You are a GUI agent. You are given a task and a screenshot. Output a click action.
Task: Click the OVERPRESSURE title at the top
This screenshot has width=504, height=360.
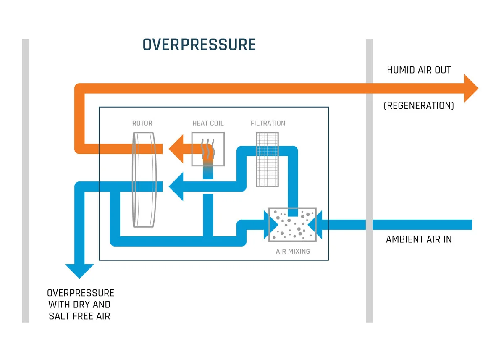[199, 45]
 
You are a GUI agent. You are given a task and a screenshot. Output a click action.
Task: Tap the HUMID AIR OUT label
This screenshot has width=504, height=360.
[419, 70]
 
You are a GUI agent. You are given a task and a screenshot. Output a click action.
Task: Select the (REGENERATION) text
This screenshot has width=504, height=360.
[419, 106]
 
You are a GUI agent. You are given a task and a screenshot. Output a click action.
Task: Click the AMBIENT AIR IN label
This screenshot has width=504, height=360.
[419, 240]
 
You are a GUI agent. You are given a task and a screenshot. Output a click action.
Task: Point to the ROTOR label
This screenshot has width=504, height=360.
[142, 123]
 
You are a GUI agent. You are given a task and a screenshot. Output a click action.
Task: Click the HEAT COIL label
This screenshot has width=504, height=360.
[208, 123]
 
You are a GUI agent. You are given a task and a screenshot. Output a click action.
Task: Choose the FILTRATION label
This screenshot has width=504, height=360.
[268, 123]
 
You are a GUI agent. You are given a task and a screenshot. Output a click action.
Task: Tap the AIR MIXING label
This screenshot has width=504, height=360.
[293, 251]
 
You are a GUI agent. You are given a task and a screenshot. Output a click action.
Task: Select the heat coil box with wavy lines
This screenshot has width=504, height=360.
[208, 148]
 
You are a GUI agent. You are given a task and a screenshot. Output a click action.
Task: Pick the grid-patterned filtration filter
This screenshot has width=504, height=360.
[268, 160]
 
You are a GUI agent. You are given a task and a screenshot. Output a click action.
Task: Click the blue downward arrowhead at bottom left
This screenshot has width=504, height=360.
[79, 271]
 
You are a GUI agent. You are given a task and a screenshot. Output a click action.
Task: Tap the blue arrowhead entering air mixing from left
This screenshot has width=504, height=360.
[268, 225]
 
